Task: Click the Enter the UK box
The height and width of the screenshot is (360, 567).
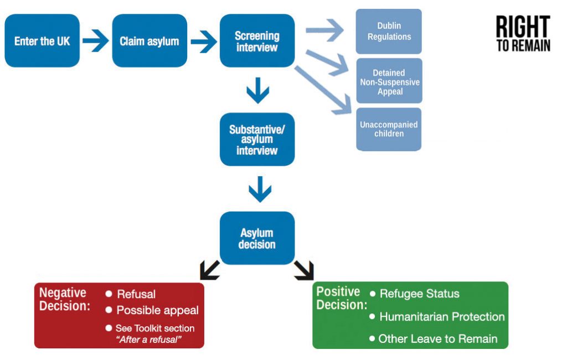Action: (x=42, y=40)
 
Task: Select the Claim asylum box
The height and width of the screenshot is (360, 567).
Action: (x=150, y=40)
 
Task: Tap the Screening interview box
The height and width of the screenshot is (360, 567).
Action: (x=257, y=40)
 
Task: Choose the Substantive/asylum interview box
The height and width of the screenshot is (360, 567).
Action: (x=257, y=140)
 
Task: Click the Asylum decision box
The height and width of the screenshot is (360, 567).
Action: (x=257, y=238)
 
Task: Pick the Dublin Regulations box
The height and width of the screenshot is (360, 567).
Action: (x=389, y=32)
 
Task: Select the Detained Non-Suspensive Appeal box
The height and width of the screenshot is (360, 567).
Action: (x=389, y=81)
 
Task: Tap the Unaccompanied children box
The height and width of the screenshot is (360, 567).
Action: (x=389, y=129)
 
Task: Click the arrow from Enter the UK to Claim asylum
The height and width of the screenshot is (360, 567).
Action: (x=95, y=41)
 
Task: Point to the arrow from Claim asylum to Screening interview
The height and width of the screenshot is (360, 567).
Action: (x=204, y=41)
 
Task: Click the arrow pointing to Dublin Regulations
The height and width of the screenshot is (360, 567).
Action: (x=324, y=30)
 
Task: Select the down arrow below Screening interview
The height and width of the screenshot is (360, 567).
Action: (x=258, y=90)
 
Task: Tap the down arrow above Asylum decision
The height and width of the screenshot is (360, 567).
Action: (x=260, y=189)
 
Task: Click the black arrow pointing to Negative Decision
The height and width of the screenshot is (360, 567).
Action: (x=210, y=270)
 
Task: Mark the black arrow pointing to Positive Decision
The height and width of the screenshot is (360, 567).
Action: (x=304, y=270)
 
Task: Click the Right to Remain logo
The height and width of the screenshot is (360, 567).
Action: (x=523, y=34)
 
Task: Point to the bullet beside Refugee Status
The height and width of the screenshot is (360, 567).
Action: (x=373, y=294)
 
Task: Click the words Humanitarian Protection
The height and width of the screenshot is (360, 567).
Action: (x=442, y=317)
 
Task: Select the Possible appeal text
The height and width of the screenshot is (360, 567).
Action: (x=157, y=311)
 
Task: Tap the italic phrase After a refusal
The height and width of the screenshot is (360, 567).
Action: (x=148, y=340)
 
